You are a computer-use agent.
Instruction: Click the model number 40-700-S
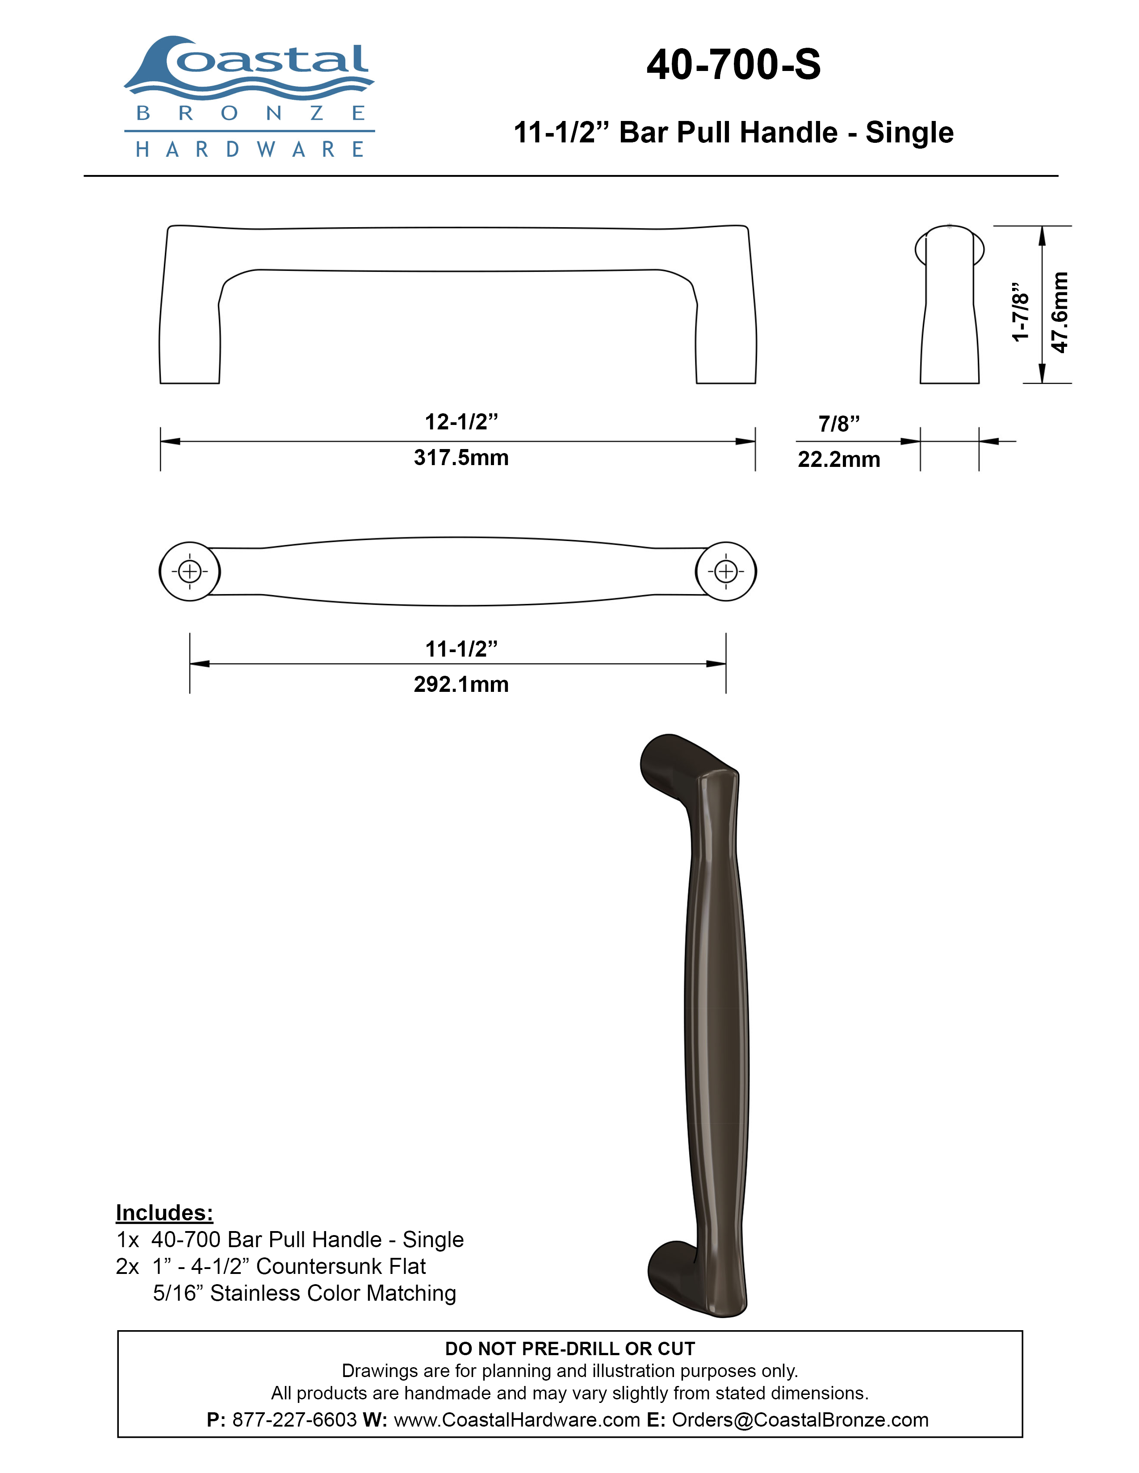click(x=733, y=65)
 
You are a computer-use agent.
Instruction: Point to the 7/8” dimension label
click(x=839, y=424)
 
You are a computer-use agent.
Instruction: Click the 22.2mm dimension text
click(x=839, y=459)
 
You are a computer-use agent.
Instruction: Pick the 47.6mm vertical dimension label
click(x=1060, y=312)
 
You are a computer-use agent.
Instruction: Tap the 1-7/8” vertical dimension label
click(x=1020, y=312)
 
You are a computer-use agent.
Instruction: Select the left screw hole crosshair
click(x=189, y=572)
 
